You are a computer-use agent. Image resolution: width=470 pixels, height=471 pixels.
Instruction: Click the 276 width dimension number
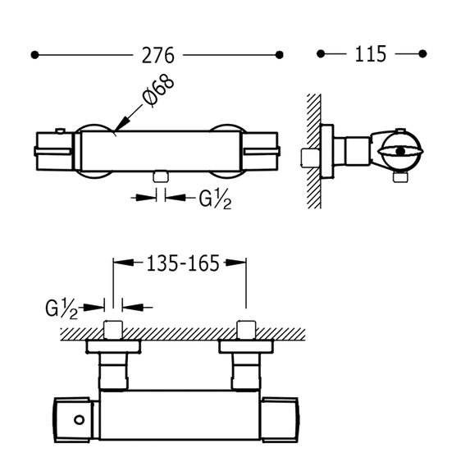point(157,55)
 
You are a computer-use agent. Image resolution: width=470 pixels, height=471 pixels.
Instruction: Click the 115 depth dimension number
point(370,54)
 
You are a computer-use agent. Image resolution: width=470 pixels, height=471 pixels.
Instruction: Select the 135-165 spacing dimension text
point(183,263)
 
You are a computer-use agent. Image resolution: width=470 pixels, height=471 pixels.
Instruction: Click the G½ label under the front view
point(215,199)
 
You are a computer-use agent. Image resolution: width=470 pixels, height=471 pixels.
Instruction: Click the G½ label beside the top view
point(62,309)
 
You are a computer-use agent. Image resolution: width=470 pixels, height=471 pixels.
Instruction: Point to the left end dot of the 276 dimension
point(34,55)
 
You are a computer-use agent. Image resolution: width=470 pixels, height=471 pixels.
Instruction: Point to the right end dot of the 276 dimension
point(280,55)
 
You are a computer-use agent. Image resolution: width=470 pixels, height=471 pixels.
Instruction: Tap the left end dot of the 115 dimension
point(321,54)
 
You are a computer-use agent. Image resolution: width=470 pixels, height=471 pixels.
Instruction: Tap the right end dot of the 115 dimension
point(422,54)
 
